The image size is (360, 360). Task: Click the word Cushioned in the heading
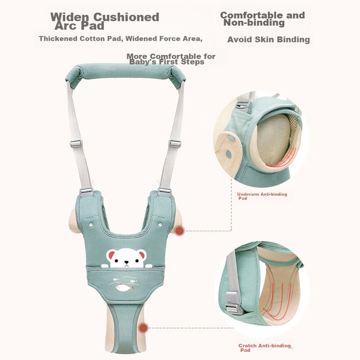[x=126, y=17]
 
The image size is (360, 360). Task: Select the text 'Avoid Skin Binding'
[x=269, y=39]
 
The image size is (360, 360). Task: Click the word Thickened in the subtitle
[x=58, y=39]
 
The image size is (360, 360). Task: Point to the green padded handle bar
[x=125, y=73]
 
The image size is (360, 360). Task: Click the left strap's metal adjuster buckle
[x=76, y=144]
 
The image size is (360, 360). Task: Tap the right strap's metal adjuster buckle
[x=175, y=144]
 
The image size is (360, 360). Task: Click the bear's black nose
[x=126, y=262]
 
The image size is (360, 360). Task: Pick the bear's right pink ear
[x=142, y=255]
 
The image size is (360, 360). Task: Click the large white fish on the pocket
[x=125, y=287]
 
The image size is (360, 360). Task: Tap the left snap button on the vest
[x=91, y=225]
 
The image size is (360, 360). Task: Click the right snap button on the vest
[x=160, y=225]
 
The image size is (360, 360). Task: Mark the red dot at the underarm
[x=179, y=230]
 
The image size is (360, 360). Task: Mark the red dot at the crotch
[x=143, y=328]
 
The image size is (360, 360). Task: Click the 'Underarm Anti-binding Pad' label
[x=262, y=196]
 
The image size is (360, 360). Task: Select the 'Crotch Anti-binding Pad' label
[x=265, y=347]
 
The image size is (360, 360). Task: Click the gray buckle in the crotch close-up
[x=234, y=303]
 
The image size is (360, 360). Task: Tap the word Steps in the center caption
[x=193, y=62]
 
